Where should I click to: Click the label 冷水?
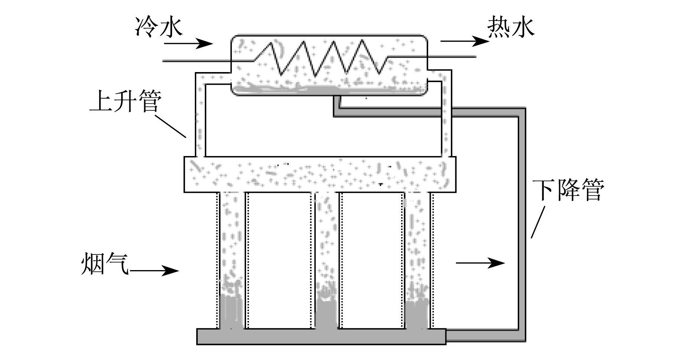[x=159, y=27]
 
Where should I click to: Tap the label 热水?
[x=511, y=27]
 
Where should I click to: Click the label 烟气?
[x=105, y=264]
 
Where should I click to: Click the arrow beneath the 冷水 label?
[x=188, y=44]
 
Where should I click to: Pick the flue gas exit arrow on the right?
[x=481, y=263]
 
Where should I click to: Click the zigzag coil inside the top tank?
[x=320, y=58]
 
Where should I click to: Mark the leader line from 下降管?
[x=538, y=222]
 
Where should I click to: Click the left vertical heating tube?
[x=231, y=260]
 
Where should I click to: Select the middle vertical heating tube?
[x=326, y=260]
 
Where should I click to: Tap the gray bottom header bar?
[x=322, y=336]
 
